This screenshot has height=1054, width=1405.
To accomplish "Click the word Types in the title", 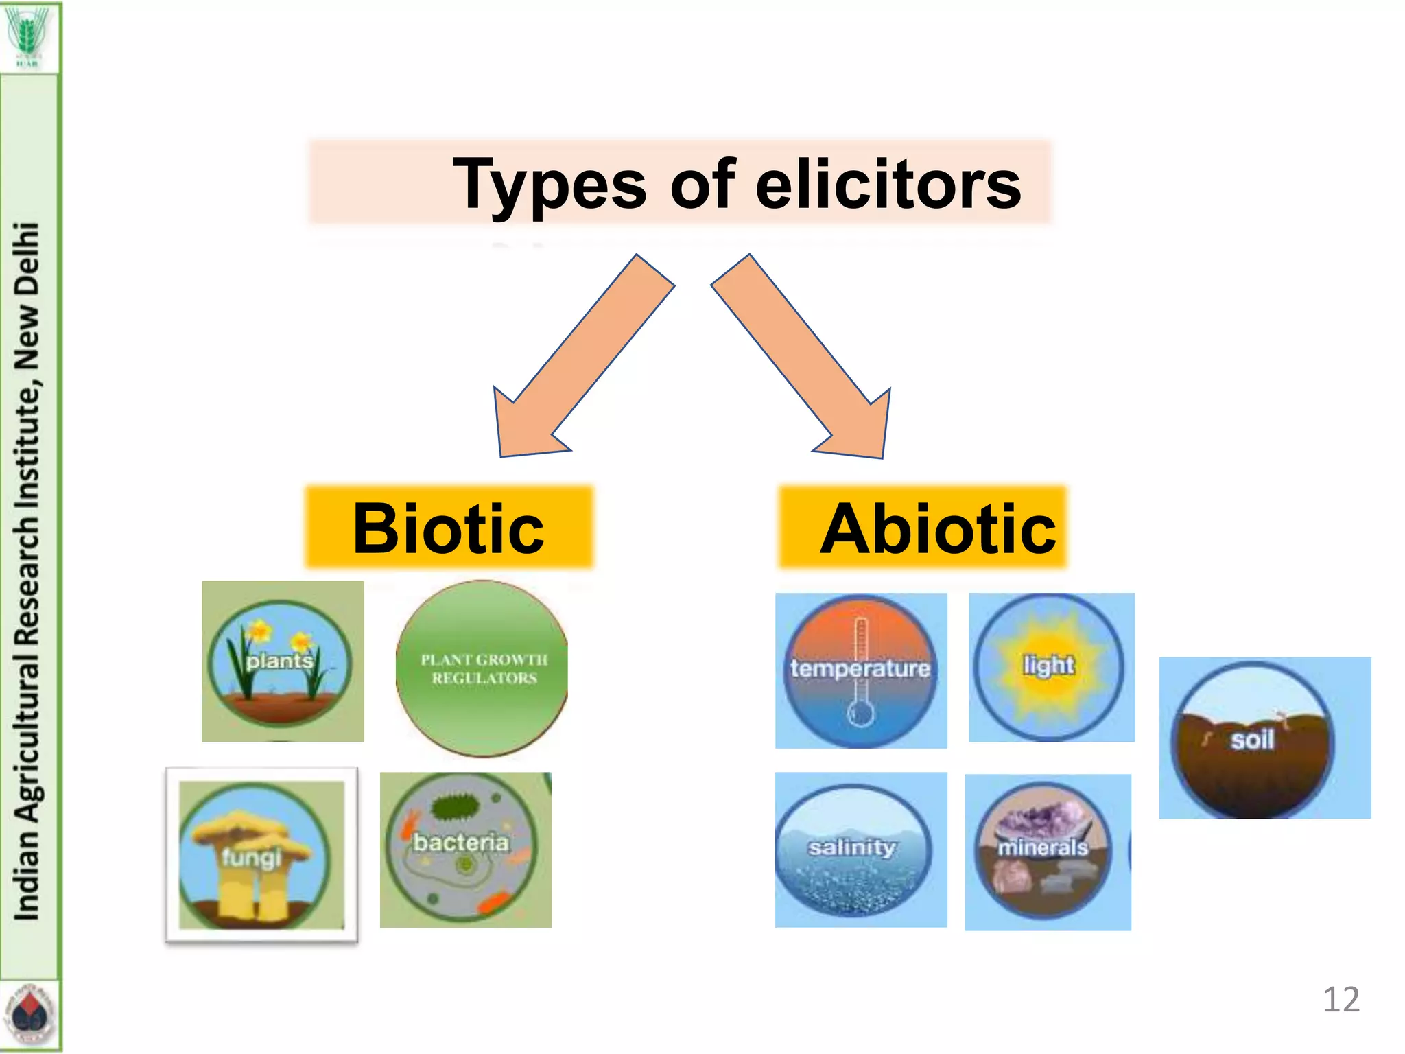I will click(549, 184).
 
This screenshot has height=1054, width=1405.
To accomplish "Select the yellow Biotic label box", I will click(449, 527).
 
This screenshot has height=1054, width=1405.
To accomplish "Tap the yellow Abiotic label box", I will click(923, 527).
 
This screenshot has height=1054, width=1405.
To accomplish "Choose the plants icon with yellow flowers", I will click(282, 661).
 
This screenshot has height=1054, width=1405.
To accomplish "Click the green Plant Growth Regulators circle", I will click(482, 668).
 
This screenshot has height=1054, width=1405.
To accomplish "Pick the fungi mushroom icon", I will click(261, 855).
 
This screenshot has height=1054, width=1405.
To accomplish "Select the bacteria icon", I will click(465, 850).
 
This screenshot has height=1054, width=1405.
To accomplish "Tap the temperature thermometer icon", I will click(861, 670).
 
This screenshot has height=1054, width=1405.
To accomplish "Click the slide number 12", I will click(1341, 999).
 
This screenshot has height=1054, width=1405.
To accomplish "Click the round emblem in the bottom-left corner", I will click(29, 1014).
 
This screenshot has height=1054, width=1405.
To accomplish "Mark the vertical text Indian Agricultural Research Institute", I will click(27, 570).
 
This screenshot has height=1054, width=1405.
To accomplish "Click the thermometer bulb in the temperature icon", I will click(860, 714).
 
